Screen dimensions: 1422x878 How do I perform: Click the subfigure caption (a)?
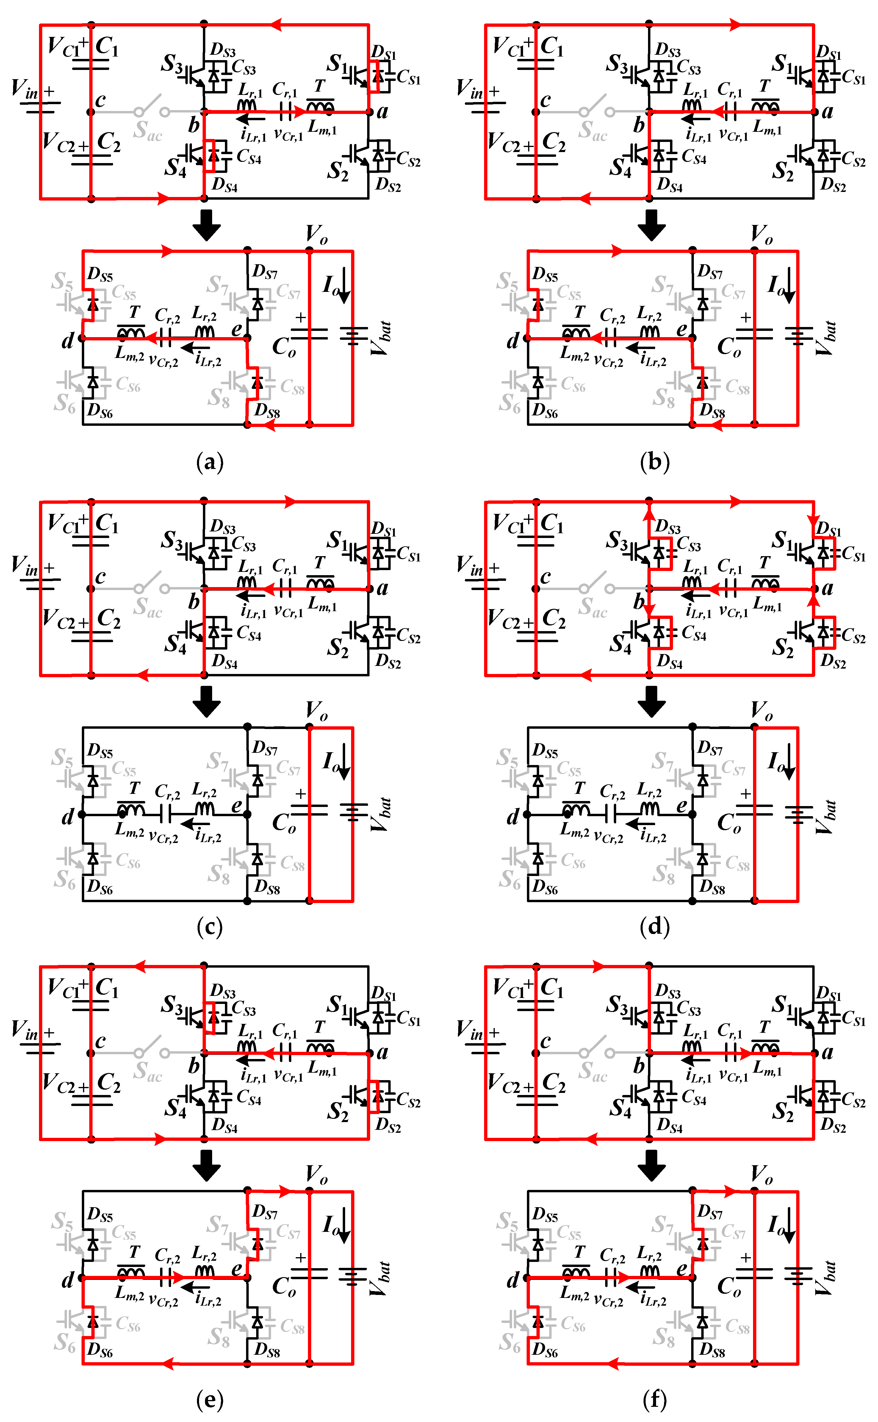tap(210, 462)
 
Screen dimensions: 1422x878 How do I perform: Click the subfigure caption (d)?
tap(655, 927)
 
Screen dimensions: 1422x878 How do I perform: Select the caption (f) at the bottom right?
tap(655, 1400)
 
